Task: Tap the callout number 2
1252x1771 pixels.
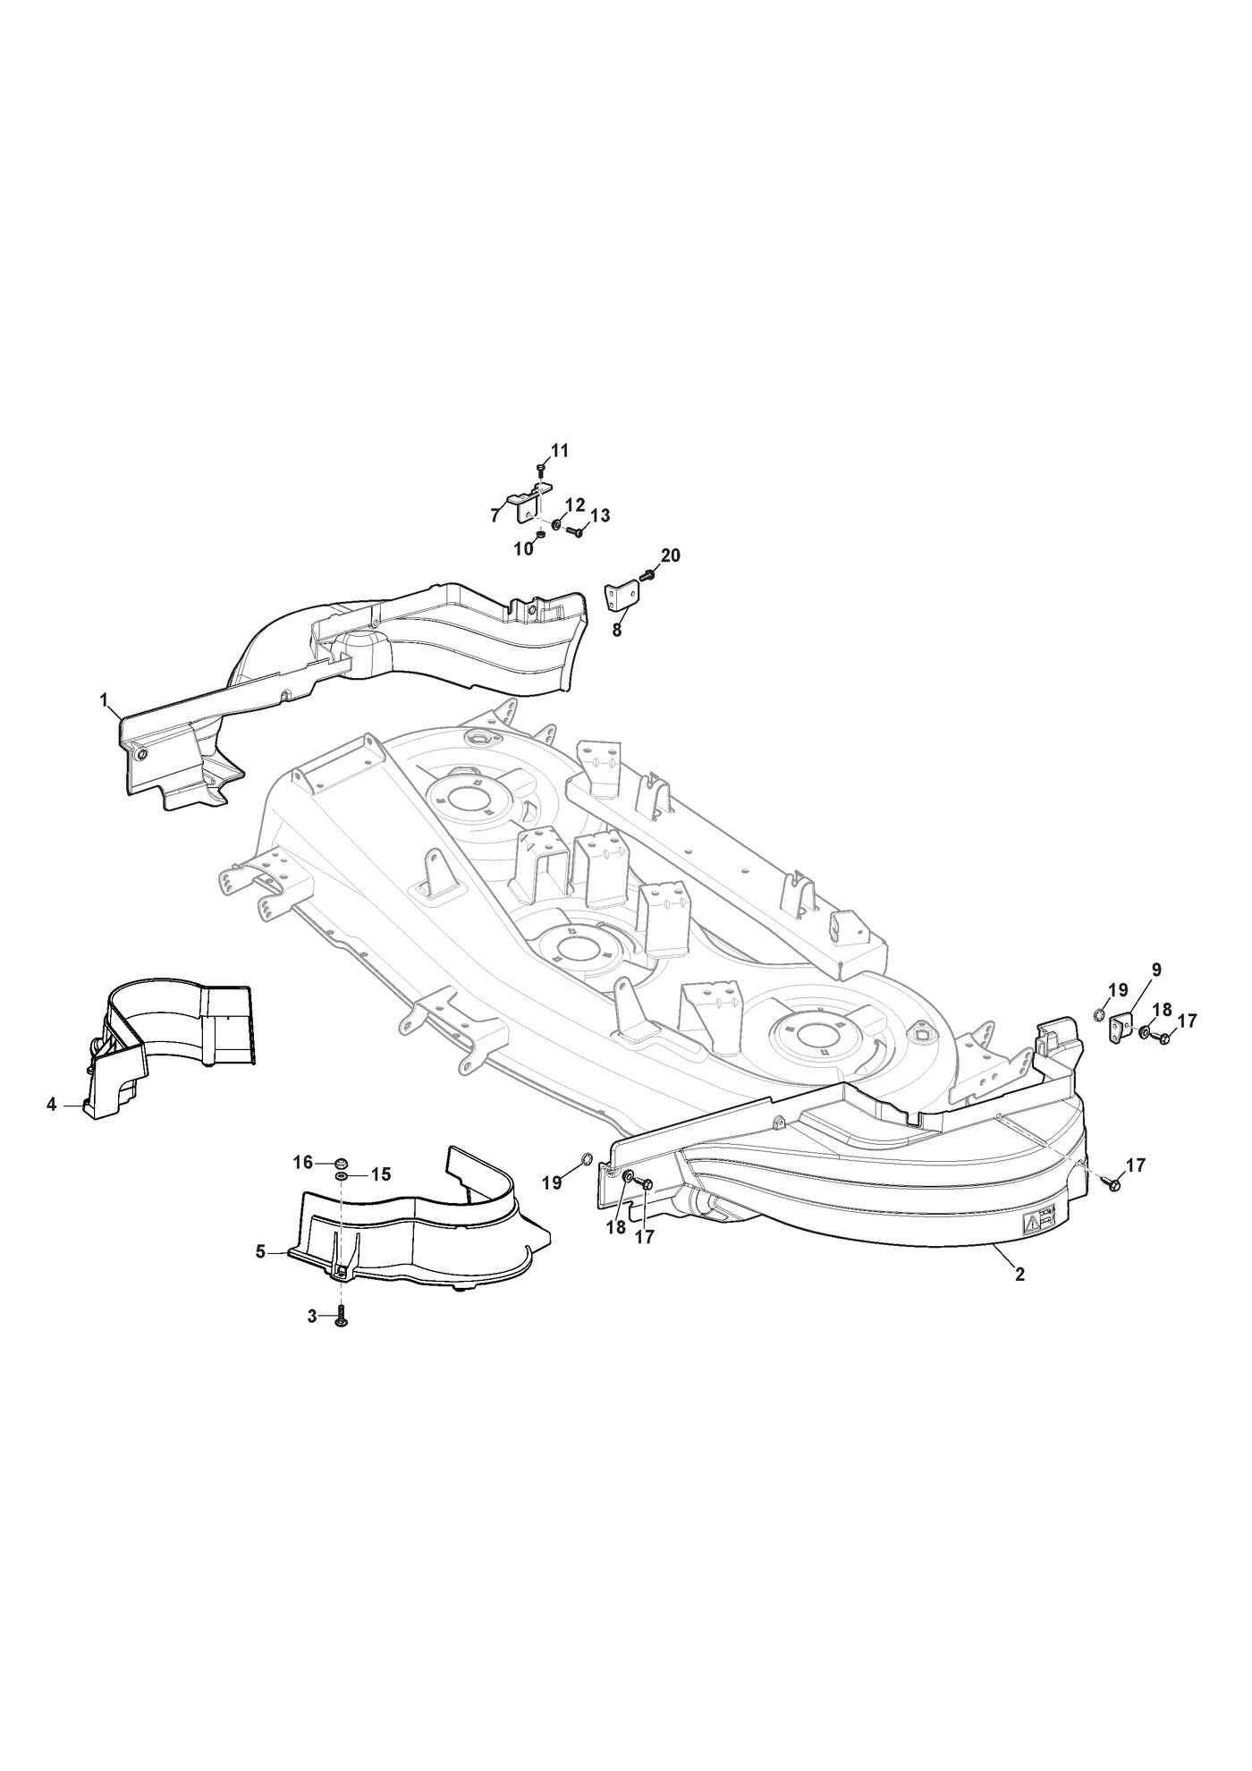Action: click(x=1019, y=1275)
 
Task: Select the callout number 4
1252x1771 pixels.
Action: click(x=52, y=1106)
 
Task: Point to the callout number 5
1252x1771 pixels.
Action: click(x=260, y=1252)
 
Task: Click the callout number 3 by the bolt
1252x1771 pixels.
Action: click(x=312, y=1317)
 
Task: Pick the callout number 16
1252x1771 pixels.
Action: click(x=303, y=1162)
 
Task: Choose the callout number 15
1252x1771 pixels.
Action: click(x=381, y=1174)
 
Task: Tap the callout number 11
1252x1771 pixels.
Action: click(x=559, y=451)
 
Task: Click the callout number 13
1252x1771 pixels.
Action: click(x=600, y=515)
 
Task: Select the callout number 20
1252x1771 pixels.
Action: click(x=670, y=555)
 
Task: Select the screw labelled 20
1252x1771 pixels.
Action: click(x=649, y=575)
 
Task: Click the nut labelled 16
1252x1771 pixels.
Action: click(x=341, y=1162)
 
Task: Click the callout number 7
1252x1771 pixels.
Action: click(x=494, y=515)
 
